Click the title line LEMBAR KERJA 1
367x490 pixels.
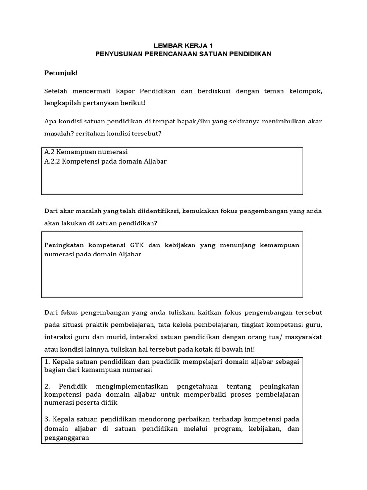[x=183, y=45]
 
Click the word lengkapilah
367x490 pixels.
[x=64, y=103]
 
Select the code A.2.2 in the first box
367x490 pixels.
[x=53, y=161]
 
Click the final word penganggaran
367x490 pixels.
[x=67, y=437]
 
